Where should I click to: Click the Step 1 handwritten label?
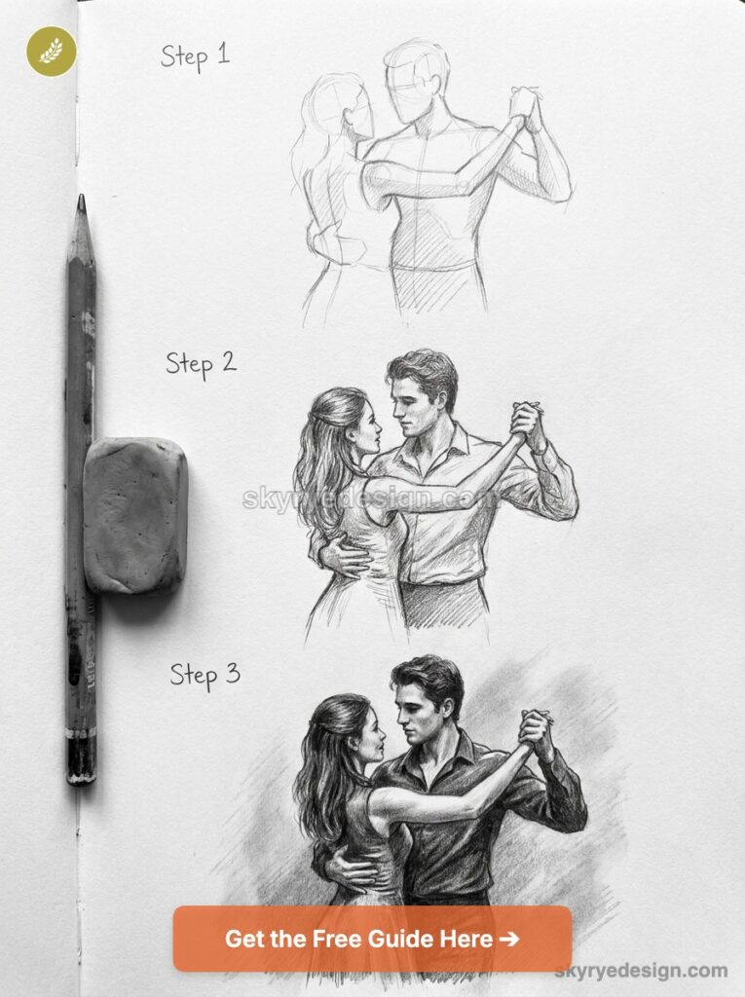(x=195, y=55)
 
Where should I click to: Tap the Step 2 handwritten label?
(x=201, y=363)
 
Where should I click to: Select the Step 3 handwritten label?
(x=205, y=674)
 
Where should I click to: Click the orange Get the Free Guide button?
(x=372, y=939)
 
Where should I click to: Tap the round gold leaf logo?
(x=51, y=52)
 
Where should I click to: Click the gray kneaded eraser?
(x=134, y=515)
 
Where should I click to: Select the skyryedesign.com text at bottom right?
(x=641, y=970)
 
